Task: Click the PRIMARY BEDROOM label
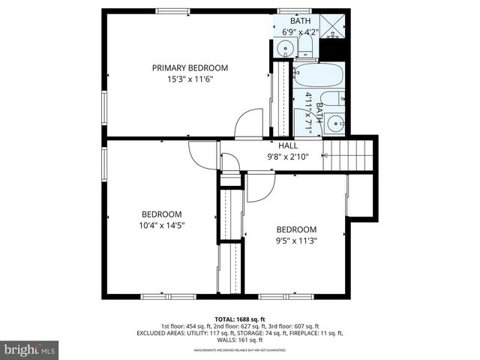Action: click(x=190, y=67)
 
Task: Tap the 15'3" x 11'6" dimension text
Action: click(x=190, y=79)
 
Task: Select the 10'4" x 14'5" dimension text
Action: click(x=161, y=224)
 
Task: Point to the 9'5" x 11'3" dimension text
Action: click(x=296, y=241)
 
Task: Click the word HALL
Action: click(x=288, y=145)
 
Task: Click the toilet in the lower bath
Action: click(x=337, y=98)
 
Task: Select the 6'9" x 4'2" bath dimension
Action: click(x=300, y=31)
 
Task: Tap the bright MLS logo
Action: click(x=30, y=349)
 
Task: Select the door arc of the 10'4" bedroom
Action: click(x=202, y=154)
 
